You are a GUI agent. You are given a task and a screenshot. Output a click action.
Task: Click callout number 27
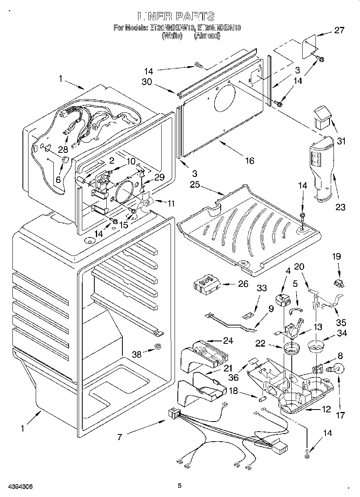tap(340, 30)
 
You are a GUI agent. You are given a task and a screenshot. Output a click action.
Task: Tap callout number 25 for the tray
tap(195, 185)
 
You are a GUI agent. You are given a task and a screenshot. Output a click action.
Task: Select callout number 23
tap(340, 207)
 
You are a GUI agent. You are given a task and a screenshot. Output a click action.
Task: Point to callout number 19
tap(337, 256)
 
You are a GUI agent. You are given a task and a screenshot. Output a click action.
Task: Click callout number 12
tap(326, 409)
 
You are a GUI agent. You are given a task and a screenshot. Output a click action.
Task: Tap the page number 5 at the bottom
tap(180, 486)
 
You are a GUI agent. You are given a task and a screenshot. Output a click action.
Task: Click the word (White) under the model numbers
tap(172, 36)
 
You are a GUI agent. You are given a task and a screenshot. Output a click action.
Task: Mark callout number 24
tap(228, 341)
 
